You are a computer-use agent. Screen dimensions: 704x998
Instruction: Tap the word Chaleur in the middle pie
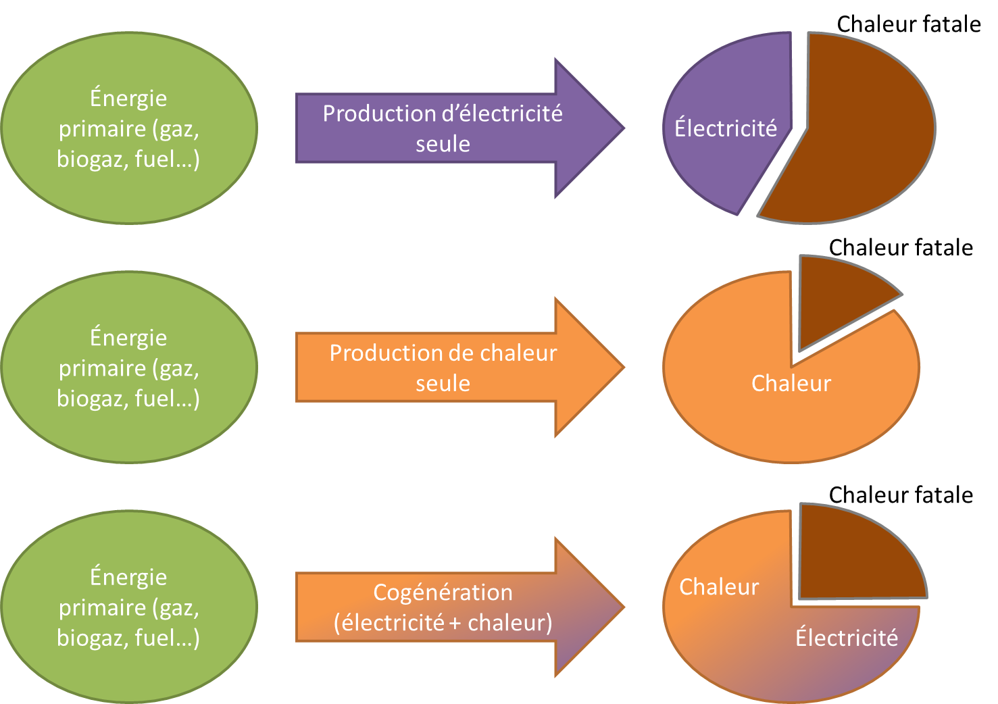(791, 383)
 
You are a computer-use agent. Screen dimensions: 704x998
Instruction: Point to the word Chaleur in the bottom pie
(718, 586)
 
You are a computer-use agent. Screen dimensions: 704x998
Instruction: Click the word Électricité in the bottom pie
(846, 638)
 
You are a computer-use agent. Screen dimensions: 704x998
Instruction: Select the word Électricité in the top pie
(726, 128)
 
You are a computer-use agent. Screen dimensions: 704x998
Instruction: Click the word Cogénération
(443, 593)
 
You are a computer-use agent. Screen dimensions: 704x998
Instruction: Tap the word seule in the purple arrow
(443, 144)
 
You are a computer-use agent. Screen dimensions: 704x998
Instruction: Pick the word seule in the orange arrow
(443, 383)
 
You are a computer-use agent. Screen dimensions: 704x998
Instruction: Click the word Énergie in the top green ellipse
(128, 99)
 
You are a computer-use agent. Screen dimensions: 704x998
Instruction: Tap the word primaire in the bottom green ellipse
(102, 607)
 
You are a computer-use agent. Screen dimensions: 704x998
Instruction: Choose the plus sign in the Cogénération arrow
(454, 624)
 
